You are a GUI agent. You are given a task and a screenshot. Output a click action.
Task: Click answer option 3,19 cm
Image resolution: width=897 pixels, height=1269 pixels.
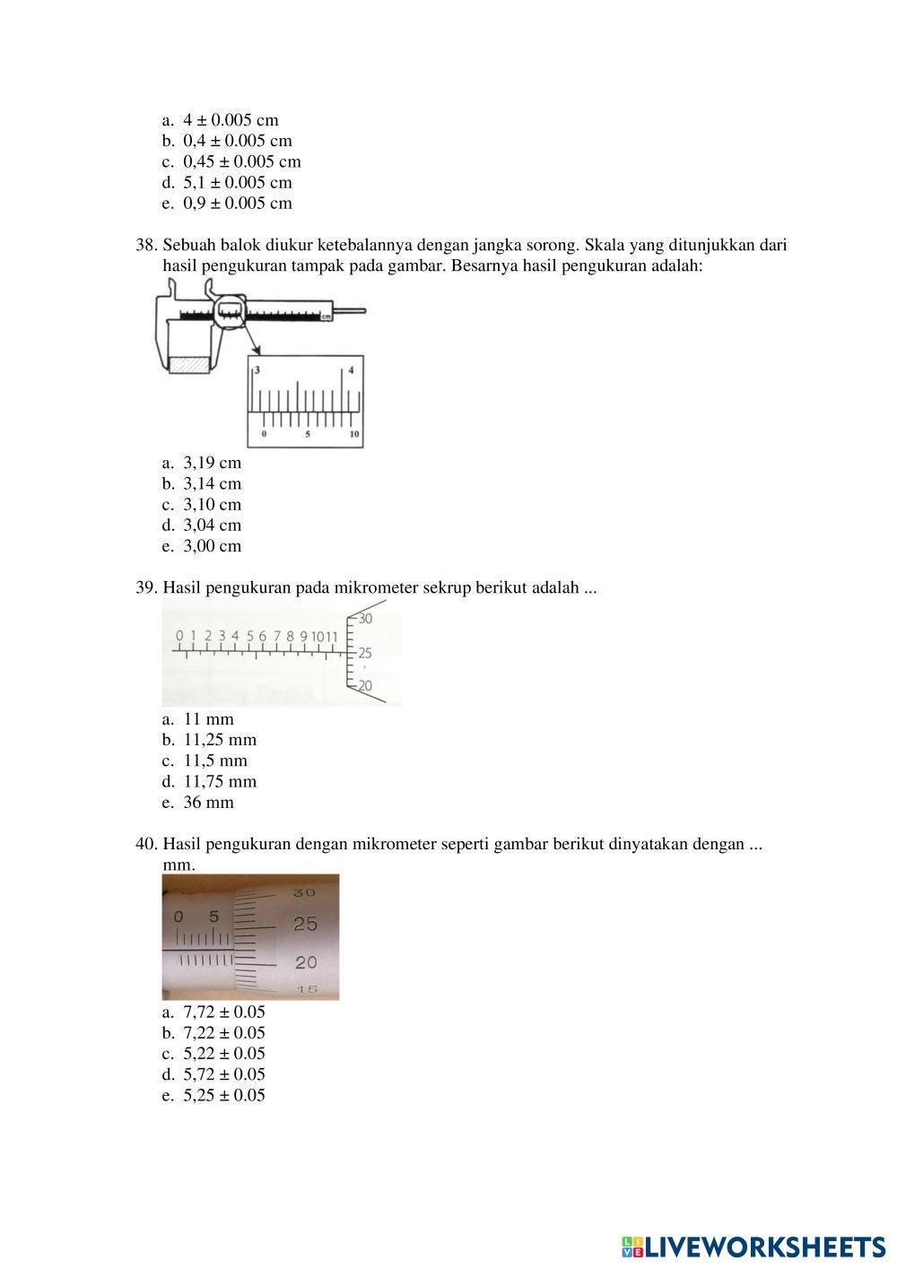212,463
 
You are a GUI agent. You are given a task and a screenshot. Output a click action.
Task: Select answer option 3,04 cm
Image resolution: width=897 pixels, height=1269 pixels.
212,525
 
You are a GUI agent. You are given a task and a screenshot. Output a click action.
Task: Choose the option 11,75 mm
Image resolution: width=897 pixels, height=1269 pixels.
219,781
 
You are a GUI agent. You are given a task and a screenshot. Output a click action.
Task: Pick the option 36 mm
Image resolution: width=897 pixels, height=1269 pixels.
208,802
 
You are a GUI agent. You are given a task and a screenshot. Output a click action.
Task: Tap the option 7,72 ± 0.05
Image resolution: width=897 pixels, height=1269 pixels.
223,1012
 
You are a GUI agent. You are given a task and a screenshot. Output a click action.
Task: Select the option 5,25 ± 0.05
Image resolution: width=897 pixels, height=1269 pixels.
223,1095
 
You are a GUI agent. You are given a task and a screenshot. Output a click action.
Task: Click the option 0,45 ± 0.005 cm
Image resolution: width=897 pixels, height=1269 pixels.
241,161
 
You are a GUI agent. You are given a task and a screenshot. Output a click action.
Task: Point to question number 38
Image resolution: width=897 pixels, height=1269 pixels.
146,245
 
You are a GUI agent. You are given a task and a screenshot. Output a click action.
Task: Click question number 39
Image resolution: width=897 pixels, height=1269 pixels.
146,588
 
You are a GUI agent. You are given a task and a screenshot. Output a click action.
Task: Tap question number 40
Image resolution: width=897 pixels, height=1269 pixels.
146,844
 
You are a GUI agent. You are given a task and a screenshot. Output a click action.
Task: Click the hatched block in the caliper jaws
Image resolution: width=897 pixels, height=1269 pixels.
188,365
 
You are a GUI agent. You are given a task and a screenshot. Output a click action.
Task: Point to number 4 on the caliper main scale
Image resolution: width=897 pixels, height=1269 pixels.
351,369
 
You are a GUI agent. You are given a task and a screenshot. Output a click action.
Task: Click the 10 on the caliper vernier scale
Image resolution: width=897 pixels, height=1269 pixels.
354,434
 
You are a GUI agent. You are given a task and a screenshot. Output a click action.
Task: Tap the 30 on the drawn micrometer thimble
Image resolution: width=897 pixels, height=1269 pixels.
365,619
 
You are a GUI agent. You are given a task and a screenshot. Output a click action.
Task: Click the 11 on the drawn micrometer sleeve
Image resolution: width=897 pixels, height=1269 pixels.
330,637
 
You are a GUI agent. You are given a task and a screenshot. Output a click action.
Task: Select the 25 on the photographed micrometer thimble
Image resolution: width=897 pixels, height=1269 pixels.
305,924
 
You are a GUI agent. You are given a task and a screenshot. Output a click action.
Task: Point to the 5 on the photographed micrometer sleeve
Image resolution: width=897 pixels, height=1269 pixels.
213,917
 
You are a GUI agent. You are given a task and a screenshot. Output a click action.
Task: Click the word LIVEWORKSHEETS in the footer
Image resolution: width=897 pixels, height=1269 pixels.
765,1246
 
